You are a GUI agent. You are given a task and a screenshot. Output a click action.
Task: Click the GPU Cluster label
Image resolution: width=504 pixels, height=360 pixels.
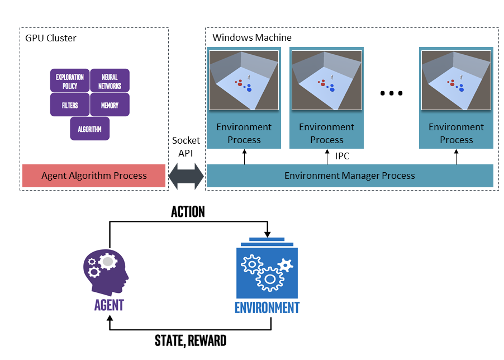pyautogui.click(x=51, y=39)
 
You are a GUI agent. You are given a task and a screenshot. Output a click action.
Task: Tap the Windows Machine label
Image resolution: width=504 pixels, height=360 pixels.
pyautogui.click(x=252, y=38)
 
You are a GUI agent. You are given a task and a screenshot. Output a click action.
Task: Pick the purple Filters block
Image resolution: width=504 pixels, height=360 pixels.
pyautogui.click(x=70, y=105)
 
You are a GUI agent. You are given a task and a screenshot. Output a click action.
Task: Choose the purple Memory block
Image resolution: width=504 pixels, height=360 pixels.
pyautogui.click(x=110, y=105)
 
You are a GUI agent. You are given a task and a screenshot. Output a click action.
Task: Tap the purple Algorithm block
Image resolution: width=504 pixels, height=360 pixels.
pyautogui.click(x=90, y=129)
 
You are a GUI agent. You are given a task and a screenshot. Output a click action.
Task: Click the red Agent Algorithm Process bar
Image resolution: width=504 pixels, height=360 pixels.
pyautogui.click(x=94, y=176)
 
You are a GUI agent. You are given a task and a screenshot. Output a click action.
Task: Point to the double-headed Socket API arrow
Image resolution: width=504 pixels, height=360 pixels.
pyautogui.click(x=186, y=176)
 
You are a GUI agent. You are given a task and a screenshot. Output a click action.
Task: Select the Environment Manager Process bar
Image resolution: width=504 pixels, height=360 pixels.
pyautogui.click(x=350, y=176)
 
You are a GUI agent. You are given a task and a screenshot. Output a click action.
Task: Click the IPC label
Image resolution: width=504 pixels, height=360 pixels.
pyautogui.click(x=342, y=157)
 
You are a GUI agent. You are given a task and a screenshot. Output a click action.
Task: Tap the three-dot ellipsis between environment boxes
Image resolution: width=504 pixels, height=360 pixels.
pyautogui.click(x=392, y=93)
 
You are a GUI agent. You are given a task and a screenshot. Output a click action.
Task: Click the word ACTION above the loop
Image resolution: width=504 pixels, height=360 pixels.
pyautogui.click(x=188, y=212)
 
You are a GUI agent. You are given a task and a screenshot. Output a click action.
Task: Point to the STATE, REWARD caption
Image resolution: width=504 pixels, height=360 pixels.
pyautogui.click(x=191, y=340)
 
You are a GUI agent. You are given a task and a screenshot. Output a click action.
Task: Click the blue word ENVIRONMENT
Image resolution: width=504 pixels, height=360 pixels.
pyautogui.click(x=267, y=308)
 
